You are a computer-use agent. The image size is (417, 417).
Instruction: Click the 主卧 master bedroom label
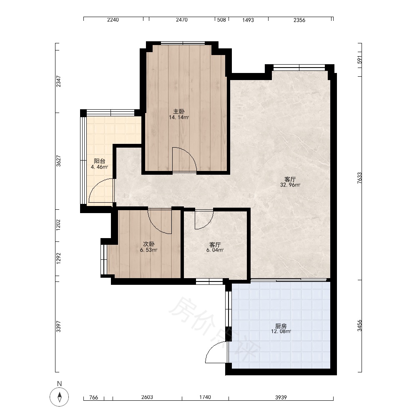coord(179,111)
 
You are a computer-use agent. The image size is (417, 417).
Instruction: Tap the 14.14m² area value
coord(179,117)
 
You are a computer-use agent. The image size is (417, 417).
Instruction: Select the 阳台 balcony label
coord(100,161)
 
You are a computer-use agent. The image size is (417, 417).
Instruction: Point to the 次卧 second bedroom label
coord(149,244)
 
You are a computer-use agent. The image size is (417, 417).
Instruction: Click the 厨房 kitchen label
coord(281,326)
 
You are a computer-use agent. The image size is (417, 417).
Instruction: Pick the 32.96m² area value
coord(290,185)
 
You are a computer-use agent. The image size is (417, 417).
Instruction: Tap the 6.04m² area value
coord(215,250)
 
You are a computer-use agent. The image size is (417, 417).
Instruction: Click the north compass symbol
coord(59,397)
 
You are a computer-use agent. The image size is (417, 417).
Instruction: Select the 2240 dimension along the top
coord(113,20)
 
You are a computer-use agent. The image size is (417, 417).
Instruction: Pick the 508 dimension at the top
coord(221,20)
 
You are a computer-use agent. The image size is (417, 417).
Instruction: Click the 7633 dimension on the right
coord(359,178)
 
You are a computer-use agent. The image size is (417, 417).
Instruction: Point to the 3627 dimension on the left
coord(58,161)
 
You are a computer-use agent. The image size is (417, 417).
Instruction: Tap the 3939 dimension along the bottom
coord(281,397)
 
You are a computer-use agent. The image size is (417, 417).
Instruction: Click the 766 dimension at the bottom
coord(93,397)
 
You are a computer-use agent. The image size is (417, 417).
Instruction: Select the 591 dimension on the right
coord(359,60)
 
